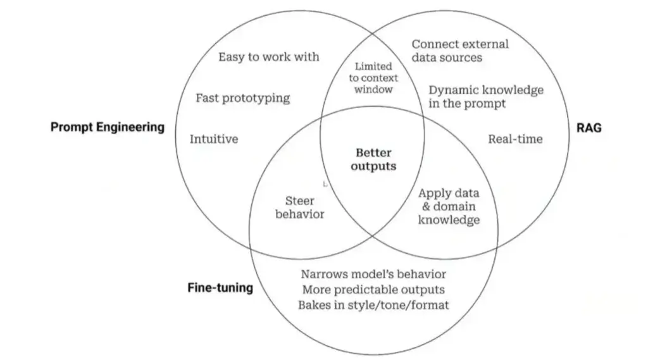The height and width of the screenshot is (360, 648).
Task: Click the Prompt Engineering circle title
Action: (108, 127)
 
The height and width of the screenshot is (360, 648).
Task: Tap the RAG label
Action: (589, 128)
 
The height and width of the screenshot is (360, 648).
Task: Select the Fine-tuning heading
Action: (220, 288)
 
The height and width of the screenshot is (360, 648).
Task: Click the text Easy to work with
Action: (268, 56)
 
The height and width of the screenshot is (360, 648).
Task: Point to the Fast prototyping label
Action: (243, 98)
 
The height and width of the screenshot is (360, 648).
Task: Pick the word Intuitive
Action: (214, 139)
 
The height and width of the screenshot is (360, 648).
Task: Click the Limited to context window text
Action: (373, 78)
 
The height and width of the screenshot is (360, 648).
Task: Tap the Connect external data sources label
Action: (460, 51)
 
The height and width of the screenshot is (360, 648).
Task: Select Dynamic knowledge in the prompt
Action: (486, 97)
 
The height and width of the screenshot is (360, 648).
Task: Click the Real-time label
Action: (515, 139)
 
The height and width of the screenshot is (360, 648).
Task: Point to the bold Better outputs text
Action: (373, 159)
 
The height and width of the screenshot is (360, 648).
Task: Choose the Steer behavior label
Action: (300, 208)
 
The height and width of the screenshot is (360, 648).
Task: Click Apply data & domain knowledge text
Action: (449, 206)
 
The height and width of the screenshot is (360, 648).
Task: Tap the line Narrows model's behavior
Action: (373, 274)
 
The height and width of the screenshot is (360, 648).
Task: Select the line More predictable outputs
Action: (373, 289)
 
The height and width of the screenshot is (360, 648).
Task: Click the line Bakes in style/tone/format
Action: (373, 305)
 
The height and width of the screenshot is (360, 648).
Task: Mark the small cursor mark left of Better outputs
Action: (325, 184)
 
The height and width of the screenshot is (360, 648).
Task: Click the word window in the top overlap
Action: (373, 90)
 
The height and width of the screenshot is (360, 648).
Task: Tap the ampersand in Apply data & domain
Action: (426, 207)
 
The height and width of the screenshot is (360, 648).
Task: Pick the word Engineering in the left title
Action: (130, 127)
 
